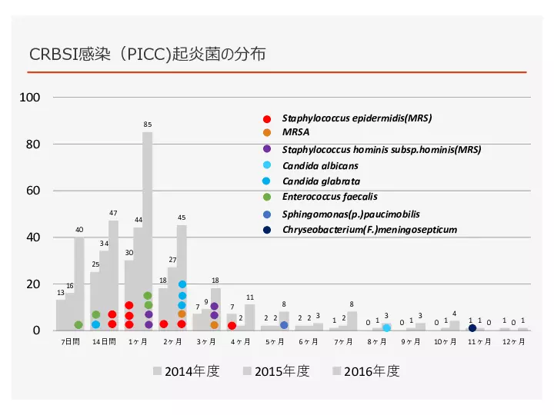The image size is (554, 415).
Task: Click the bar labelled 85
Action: coord(147,231)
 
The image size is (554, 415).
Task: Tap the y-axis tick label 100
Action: coord(31,98)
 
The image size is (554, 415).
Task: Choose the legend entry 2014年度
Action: coord(186,371)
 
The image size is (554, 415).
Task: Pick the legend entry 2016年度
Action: coord(366,371)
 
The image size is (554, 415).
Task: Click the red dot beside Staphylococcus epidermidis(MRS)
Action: coord(267,119)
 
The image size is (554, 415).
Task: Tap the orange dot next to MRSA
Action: coord(267,132)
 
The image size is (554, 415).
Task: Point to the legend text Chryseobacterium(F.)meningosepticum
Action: coord(369,229)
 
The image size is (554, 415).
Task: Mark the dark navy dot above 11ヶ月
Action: coord(472,328)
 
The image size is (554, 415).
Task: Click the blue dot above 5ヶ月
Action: coord(284,325)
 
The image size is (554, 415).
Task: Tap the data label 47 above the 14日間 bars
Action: coord(113,213)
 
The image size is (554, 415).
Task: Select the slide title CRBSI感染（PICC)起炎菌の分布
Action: coord(148,55)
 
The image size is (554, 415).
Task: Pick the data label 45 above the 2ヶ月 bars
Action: coord(182,217)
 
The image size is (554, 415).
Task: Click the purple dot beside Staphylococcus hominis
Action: coord(267,149)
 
